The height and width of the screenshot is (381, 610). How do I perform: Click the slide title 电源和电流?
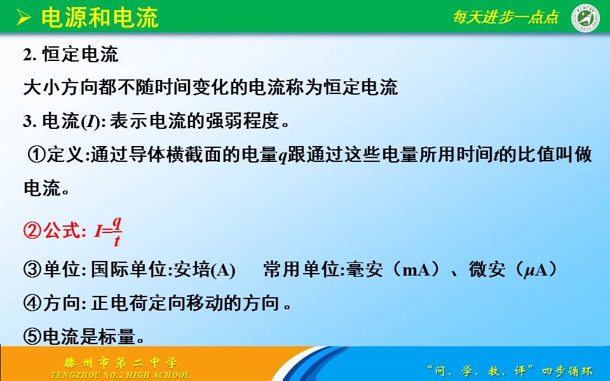pos(100,18)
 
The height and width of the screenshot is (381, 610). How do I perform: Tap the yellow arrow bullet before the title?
pos(24,18)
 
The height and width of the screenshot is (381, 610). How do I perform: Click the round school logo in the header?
pos(585,18)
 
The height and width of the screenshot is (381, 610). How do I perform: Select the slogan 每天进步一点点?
pos(506,17)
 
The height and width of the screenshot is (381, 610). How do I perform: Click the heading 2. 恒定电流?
pos(71,54)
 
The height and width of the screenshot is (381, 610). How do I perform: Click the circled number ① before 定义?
pos(37,155)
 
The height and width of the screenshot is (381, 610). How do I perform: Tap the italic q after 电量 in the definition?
pos(283,157)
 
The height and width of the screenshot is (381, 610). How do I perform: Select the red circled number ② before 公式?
pos(32,231)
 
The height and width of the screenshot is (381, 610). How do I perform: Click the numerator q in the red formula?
pos(117,224)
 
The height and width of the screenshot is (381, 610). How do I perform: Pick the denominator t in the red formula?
pos(117,241)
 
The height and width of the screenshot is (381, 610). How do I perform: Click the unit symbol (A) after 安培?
pos(223,271)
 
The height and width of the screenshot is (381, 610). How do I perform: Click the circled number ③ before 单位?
pos(32,269)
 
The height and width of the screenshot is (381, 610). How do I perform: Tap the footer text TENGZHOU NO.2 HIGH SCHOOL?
pos(120,375)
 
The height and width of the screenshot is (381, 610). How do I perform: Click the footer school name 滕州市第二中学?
pos(121,363)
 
